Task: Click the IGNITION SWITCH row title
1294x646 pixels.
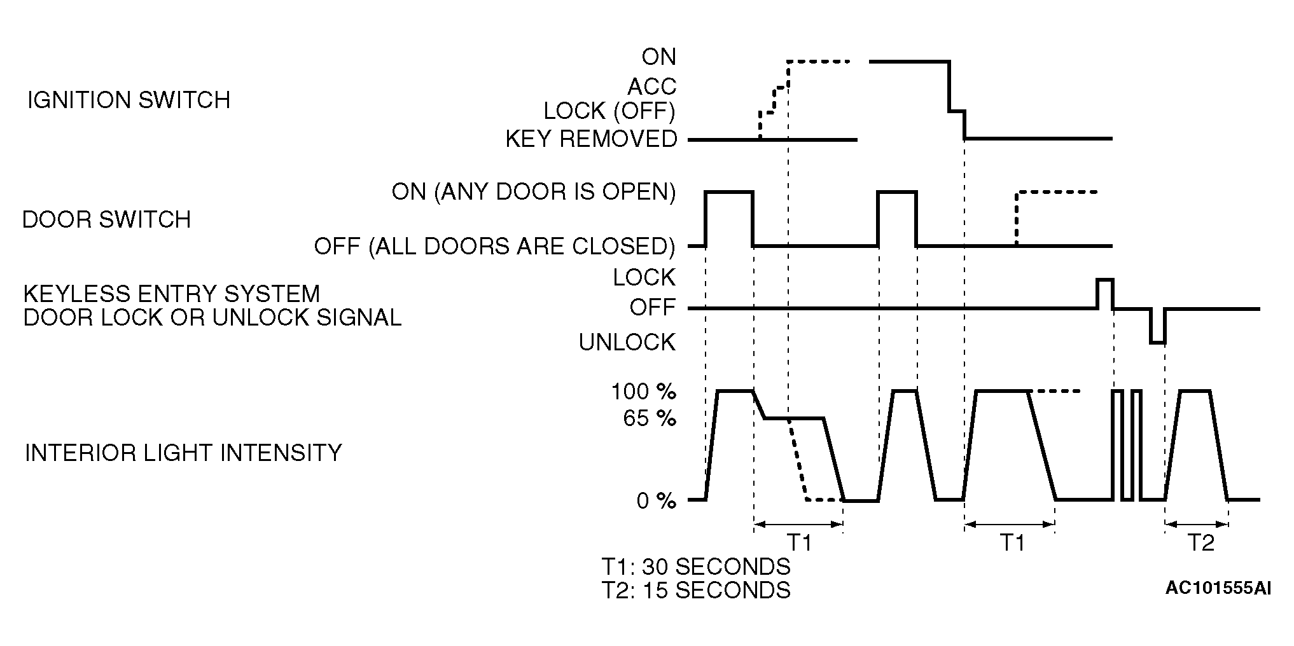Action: (x=129, y=100)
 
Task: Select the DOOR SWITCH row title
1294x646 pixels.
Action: (x=107, y=219)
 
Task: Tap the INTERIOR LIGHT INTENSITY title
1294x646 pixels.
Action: (x=183, y=453)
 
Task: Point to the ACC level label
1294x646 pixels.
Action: (x=652, y=86)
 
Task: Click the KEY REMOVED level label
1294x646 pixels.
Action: (x=591, y=139)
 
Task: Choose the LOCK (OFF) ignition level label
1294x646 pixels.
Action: (x=609, y=111)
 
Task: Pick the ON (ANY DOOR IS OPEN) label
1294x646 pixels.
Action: (x=533, y=191)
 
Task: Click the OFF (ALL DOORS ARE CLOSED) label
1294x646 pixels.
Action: (x=494, y=246)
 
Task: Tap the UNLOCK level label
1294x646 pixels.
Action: (x=627, y=343)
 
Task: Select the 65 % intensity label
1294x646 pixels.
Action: (x=650, y=419)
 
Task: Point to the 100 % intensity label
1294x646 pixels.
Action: (x=643, y=392)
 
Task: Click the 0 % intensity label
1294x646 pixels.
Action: (x=656, y=501)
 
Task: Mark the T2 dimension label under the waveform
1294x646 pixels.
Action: (x=1200, y=543)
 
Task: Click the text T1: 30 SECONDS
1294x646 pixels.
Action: (x=696, y=566)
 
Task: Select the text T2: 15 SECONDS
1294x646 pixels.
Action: (x=696, y=590)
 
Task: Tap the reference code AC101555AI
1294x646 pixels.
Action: (x=1218, y=588)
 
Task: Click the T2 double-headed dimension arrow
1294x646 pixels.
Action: (x=1197, y=525)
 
